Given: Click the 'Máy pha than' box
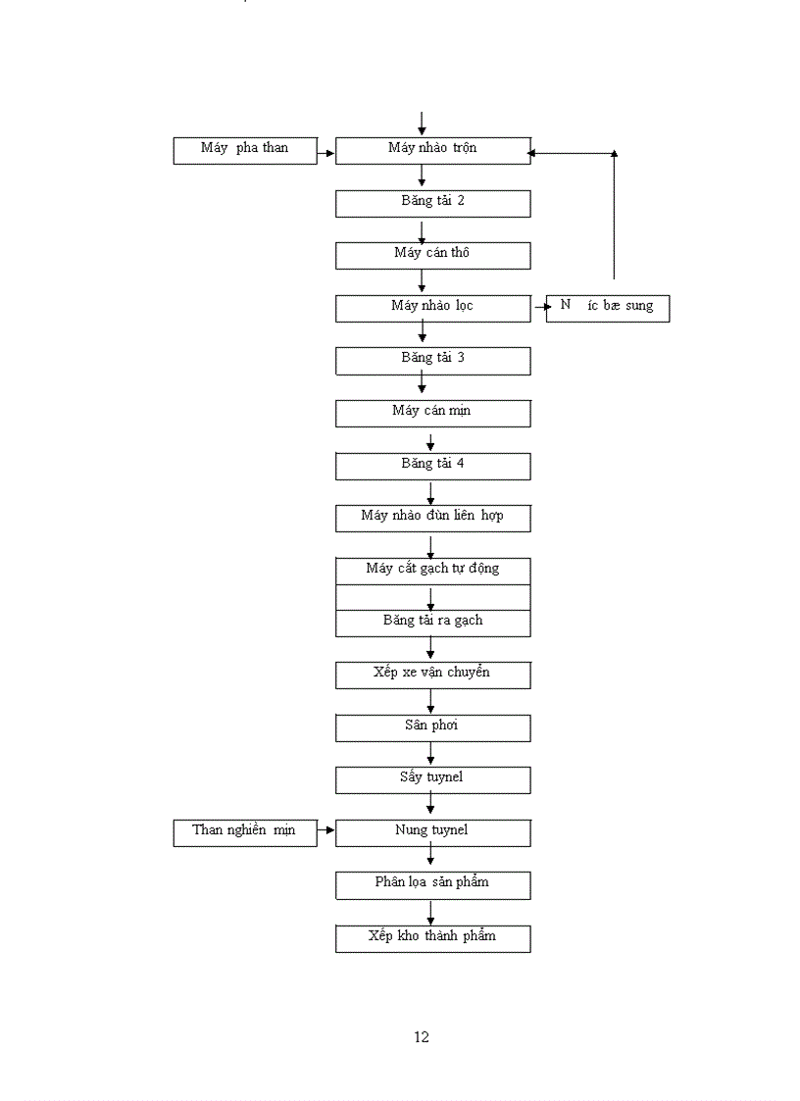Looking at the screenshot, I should [x=245, y=150].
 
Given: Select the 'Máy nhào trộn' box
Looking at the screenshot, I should [x=432, y=150].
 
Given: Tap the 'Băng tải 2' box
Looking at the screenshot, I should [x=432, y=203].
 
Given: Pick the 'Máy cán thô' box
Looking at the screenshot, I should [x=432, y=255].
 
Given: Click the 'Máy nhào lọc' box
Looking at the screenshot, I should [x=432, y=308].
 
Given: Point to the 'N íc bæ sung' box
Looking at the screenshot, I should [x=608, y=308].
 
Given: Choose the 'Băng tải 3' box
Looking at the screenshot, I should [x=432, y=360].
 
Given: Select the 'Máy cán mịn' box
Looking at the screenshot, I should [x=432, y=413].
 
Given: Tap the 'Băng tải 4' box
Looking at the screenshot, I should [x=432, y=465].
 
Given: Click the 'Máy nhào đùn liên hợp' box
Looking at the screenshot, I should [x=432, y=518].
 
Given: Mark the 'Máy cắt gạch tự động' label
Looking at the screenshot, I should [x=432, y=569].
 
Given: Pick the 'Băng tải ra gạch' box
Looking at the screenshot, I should [x=432, y=623].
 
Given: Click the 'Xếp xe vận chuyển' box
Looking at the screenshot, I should [x=432, y=675].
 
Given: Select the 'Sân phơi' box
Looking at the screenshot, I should [x=432, y=727].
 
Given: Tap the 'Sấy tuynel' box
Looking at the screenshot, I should [x=432, y=779].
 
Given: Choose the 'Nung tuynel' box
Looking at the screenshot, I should [x=432, y=832].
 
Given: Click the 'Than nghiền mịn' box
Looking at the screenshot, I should [x=245, y=832].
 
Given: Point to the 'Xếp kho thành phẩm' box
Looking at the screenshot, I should [x=432, y=937].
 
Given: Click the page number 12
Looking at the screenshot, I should [x=422, y=1037].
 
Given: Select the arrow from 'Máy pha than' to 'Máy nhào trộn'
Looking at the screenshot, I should [x=326, y=153].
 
